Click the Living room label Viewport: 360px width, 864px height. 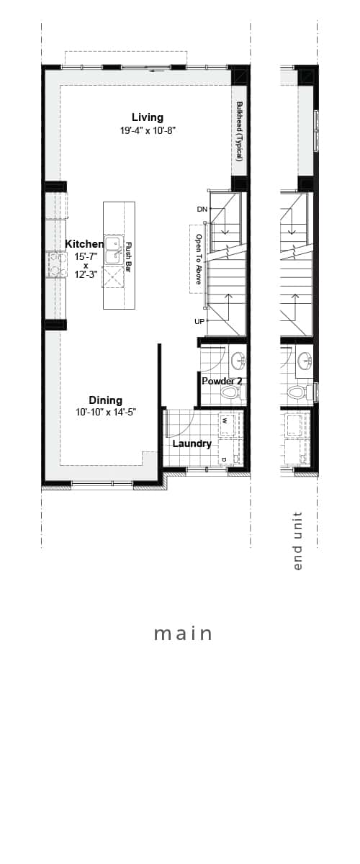[x=148, y=117]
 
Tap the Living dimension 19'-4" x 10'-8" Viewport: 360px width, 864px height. [x=148, y=131]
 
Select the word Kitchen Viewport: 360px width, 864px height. [x=84, y=244]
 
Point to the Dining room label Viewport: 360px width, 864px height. [x=105, y=400]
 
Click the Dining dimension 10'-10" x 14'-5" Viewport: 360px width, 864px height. [x=107, y=413]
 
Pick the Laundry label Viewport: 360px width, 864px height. [x=192, y=444]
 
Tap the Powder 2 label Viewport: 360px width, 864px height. [x=222, y=381]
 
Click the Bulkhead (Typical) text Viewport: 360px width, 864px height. [x=238, y=130]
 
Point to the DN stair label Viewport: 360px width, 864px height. [x=202, y=210]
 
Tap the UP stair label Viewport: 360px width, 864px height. [x=199, y=321]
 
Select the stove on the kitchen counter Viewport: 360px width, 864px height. [x=55, y=264]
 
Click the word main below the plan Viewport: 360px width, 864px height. [x=184, y=634]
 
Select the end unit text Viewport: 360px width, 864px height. [x=298, y=541]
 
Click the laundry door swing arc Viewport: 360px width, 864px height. [x=185, y=423]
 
